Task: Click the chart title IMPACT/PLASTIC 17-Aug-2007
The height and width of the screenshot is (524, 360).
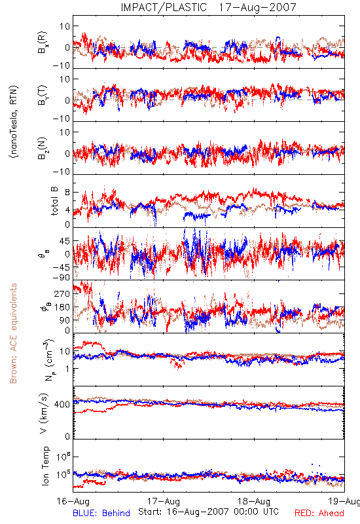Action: point(208,7)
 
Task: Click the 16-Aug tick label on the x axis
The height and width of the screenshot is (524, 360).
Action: point(73,501)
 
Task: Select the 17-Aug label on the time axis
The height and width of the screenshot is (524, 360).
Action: point(164,501)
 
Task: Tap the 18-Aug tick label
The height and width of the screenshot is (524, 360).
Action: point(254,501)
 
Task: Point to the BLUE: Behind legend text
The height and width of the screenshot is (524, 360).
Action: point(101,513)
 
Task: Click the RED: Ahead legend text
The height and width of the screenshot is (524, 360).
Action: point(319,513)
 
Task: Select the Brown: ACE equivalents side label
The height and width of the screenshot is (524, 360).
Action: point(13,333)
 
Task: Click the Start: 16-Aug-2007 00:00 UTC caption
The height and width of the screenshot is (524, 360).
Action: point(208,512)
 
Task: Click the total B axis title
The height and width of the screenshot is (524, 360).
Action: point(54,200)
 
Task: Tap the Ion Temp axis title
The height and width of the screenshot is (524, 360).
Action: point(45,466)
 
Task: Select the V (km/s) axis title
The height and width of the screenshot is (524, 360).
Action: point(44,413)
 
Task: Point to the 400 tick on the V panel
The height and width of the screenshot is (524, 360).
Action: point(62,404)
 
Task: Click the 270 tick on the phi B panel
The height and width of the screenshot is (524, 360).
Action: point(62,293)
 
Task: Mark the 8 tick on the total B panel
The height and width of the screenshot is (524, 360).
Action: point(67,193)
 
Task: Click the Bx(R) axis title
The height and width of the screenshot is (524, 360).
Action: point(43,43)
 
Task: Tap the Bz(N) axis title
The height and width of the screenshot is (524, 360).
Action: point(43,149)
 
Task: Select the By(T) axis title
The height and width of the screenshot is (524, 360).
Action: point(43,95)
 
